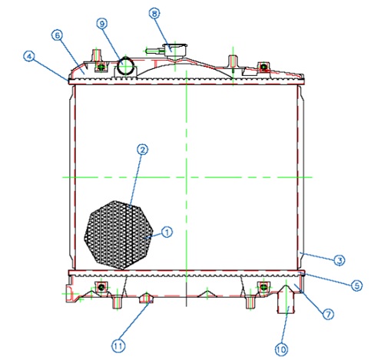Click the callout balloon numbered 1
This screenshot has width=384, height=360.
point(167,232)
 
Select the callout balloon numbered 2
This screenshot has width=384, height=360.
point(142,150)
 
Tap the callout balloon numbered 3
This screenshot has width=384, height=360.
point(339,261)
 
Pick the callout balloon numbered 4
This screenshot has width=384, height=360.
point(29,56)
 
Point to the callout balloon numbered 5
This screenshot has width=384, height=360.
point(356,286)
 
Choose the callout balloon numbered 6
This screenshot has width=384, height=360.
point(58,35)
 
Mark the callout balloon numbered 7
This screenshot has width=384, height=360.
point(328,314)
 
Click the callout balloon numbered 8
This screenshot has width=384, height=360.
point(154,14)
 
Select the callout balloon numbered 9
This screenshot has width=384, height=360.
point(102,24)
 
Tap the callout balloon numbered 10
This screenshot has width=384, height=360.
point(281,349)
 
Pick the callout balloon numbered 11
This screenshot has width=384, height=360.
point(118,346)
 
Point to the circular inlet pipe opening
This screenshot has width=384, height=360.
point(126,65)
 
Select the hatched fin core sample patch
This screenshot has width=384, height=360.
point(119,235)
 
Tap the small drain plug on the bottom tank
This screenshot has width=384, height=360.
point(146,298)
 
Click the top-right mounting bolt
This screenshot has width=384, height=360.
point(263,67)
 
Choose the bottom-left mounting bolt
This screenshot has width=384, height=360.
point(101,287)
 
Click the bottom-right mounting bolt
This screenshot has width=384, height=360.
point(263,287)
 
